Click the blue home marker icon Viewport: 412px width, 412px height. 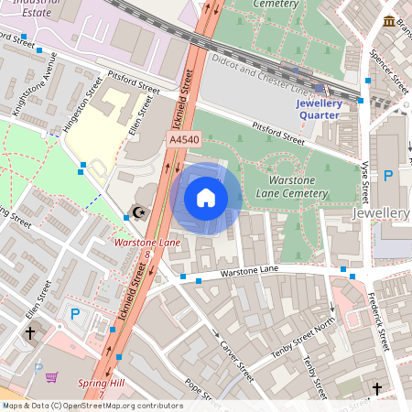click(x=206, y=198)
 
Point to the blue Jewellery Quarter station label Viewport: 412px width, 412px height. click(x=319, y=109)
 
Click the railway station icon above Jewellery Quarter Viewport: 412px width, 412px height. click(x=319, y=89)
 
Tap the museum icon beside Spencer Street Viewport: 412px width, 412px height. click(x=389, y=21)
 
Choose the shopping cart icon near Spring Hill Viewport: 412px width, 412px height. click(x=52, y=376)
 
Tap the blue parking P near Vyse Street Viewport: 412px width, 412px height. click(x=388, y=175)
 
